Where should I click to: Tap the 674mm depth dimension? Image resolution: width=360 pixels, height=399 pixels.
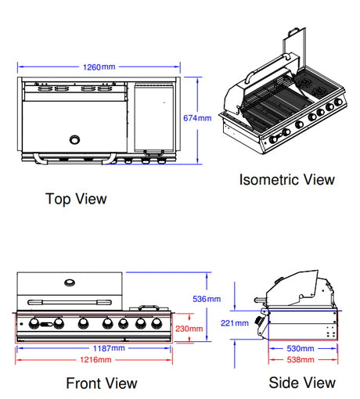point(197,118)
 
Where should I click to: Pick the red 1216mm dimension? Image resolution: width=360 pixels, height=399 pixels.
point(94,360)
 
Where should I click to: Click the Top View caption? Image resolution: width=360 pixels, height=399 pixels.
point(76,199)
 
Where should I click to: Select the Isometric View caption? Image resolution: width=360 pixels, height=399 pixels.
point(286,180)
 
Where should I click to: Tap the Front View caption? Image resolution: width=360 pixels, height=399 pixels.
point(102,383)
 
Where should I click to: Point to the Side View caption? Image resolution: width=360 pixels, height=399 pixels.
point(301,383)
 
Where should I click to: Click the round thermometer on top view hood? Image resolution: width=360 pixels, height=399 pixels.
point(76,140)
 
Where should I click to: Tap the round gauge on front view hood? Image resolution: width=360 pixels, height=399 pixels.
point(69,283)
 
